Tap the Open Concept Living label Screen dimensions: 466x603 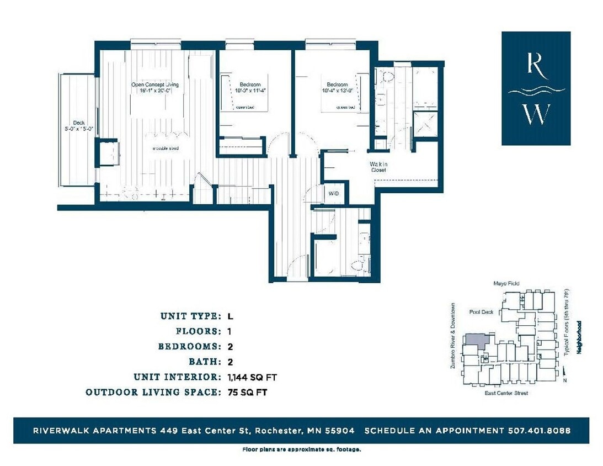tap(154, 84)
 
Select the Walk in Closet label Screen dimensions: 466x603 tap(378, 167)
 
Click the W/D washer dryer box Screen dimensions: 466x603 tap(334, 194)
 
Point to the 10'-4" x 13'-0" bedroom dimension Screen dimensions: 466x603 tap(339, 92)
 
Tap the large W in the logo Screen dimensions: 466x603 tap(536, 114)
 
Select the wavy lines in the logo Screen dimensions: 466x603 tap(536, 91)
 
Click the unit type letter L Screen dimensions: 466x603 tap(230, 316)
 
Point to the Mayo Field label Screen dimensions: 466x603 tap(506, 284)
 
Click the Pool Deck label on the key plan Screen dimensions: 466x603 tap(481, 312)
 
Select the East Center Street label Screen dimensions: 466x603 tap(506, 393)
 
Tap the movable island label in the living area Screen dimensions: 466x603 tap(166, 149)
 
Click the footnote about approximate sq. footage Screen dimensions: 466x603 tap(302, 449)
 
